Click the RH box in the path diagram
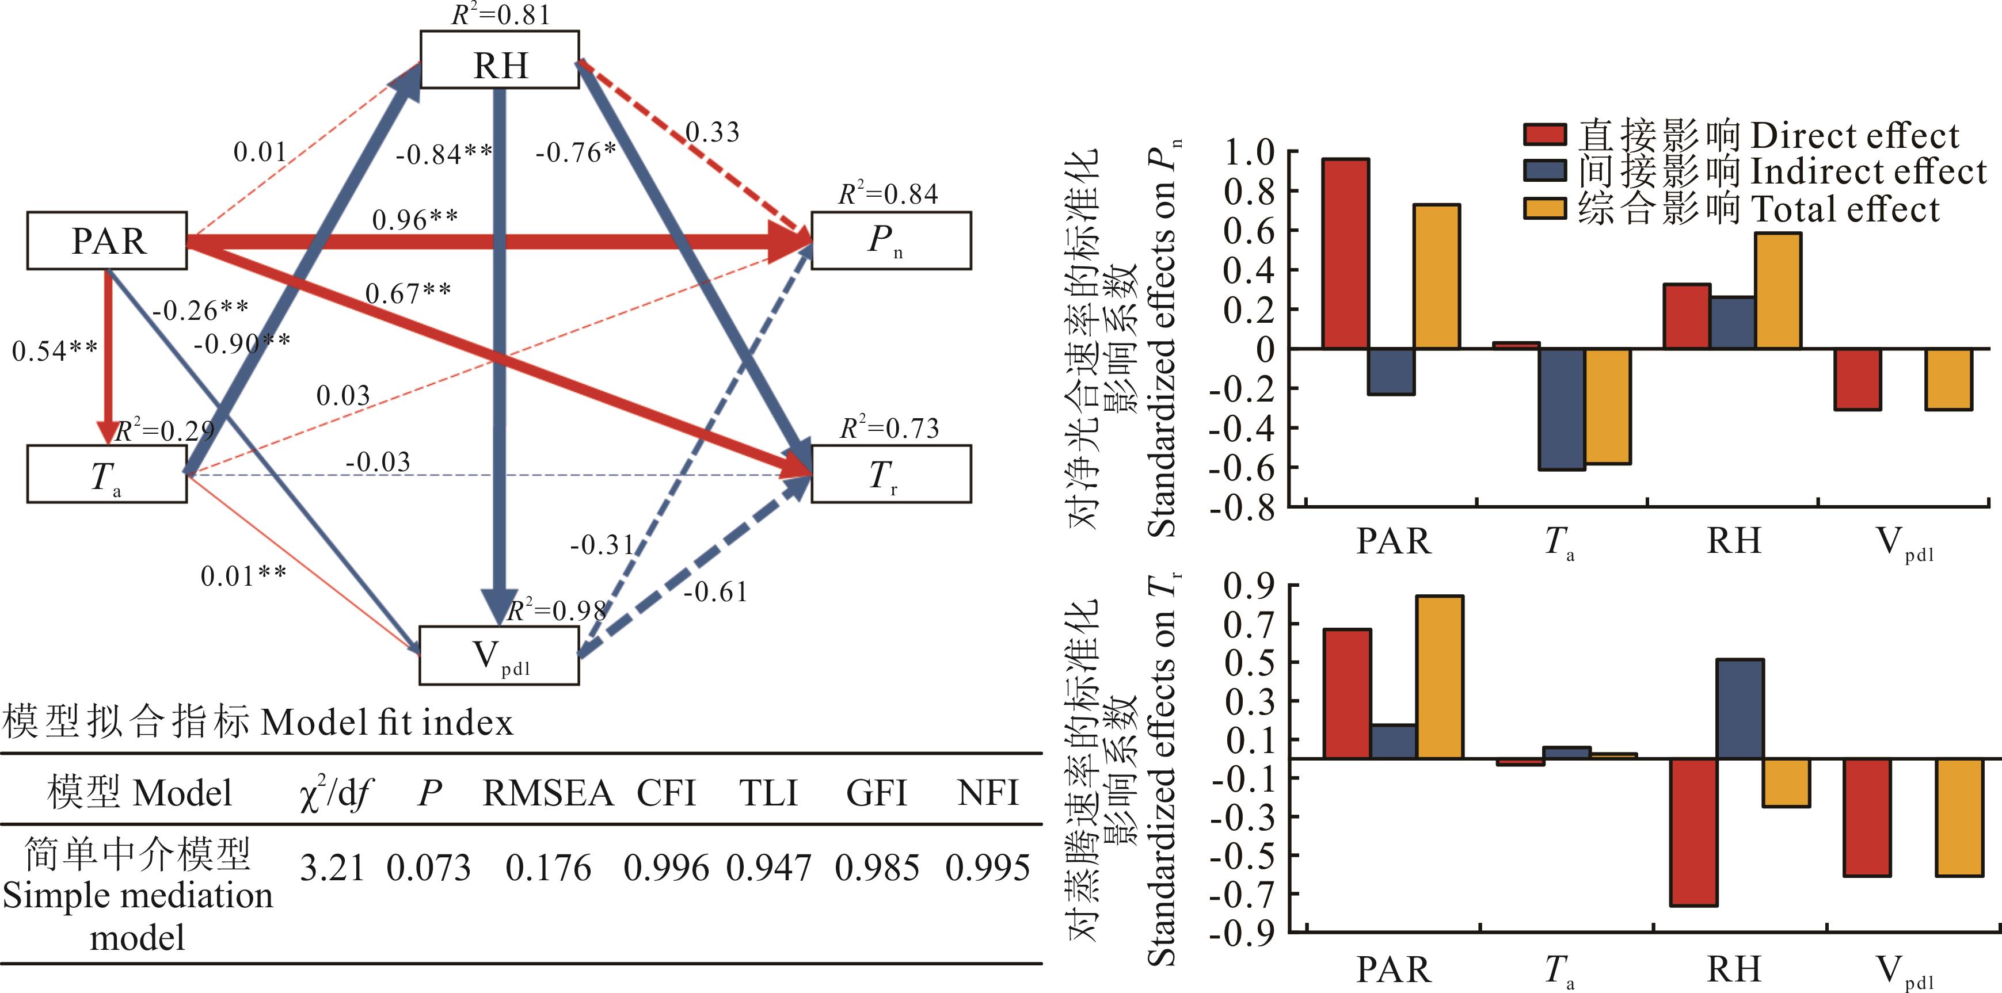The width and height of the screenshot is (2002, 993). tap(499, 60)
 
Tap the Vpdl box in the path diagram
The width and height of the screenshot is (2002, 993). tap(499, 656)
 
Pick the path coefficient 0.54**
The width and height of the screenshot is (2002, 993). tap(55, 351)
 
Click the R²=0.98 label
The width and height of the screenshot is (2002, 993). tap(557, 611)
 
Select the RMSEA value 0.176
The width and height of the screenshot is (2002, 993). tap(548, 868)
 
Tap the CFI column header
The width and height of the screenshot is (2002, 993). tap(666, 793)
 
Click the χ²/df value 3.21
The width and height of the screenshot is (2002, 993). tap(332, 868)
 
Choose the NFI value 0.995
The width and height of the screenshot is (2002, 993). tap(987, 868)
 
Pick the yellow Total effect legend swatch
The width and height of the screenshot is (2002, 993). tap(1544, 209)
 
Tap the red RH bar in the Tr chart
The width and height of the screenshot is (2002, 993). tap(1693, 831)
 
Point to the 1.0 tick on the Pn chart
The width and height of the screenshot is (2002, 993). tap(1250, 152)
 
